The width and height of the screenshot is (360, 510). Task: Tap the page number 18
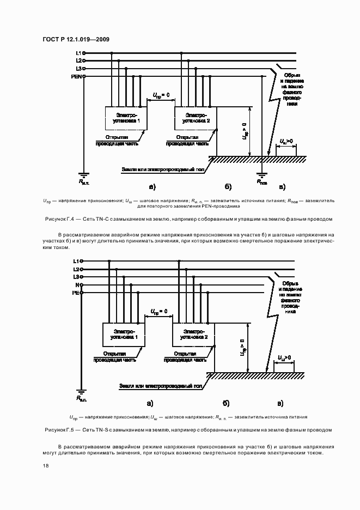click(x=45, y=466)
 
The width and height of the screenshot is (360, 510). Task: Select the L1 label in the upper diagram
click(x=78, y=53)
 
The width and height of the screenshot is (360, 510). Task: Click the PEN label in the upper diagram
click(x=76, y=76)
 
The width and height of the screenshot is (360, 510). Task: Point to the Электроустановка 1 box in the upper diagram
click(x=126, y=118)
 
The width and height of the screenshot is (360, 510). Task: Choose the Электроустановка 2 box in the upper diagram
click(x=195, y=118)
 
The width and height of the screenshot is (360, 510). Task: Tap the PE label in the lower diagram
click(x=76, y=293)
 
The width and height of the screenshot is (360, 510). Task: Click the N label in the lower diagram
click(x=78, y=285)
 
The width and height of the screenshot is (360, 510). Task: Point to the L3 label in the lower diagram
click(x=77, y=277)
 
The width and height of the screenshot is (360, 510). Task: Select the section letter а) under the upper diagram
click(x=151, y=187)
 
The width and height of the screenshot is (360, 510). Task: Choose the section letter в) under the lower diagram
click(x=280, y=403)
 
